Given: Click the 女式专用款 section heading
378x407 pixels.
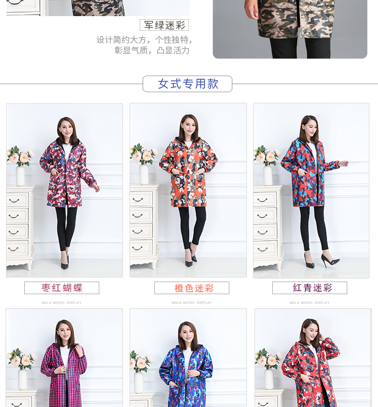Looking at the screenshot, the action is [x=187, y=84].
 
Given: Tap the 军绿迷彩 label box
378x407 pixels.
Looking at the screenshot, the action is [x=164, y=25].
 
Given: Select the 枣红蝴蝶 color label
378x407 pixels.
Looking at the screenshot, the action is [x=61, y=288].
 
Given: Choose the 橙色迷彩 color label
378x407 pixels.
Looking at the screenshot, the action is [x=192, y=288].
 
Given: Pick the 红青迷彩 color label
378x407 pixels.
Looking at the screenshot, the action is [x=309, y=288].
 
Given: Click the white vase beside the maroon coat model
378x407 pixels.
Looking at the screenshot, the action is [x=20, y=176].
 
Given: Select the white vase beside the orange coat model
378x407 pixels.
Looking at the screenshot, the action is [x=144, y=174].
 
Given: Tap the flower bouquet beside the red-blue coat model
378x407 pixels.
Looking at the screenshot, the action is [x=267, y=155].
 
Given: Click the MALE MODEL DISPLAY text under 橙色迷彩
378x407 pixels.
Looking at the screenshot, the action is [x=192, y=303].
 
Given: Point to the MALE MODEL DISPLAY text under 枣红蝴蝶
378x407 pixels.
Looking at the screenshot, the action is [x=61, y=303].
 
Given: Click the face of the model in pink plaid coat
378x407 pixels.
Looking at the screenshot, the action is [x=64, y=333].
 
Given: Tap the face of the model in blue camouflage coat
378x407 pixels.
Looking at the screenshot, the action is [x=187, y=335].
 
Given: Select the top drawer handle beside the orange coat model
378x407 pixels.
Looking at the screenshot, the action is [x=138, y=199].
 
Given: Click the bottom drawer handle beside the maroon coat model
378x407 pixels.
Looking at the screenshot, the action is [x=13, y=249].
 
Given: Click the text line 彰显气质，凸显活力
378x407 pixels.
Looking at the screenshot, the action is [x=152, y=50].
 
